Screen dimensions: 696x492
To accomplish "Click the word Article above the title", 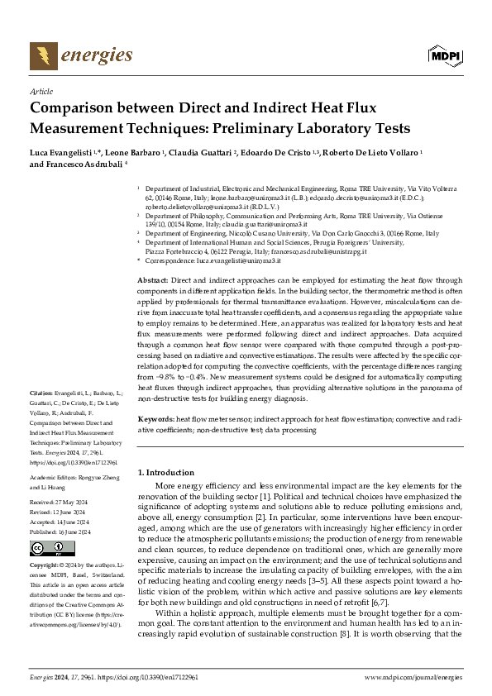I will pos(41,92).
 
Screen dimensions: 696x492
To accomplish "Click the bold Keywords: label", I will pos(155,420).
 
